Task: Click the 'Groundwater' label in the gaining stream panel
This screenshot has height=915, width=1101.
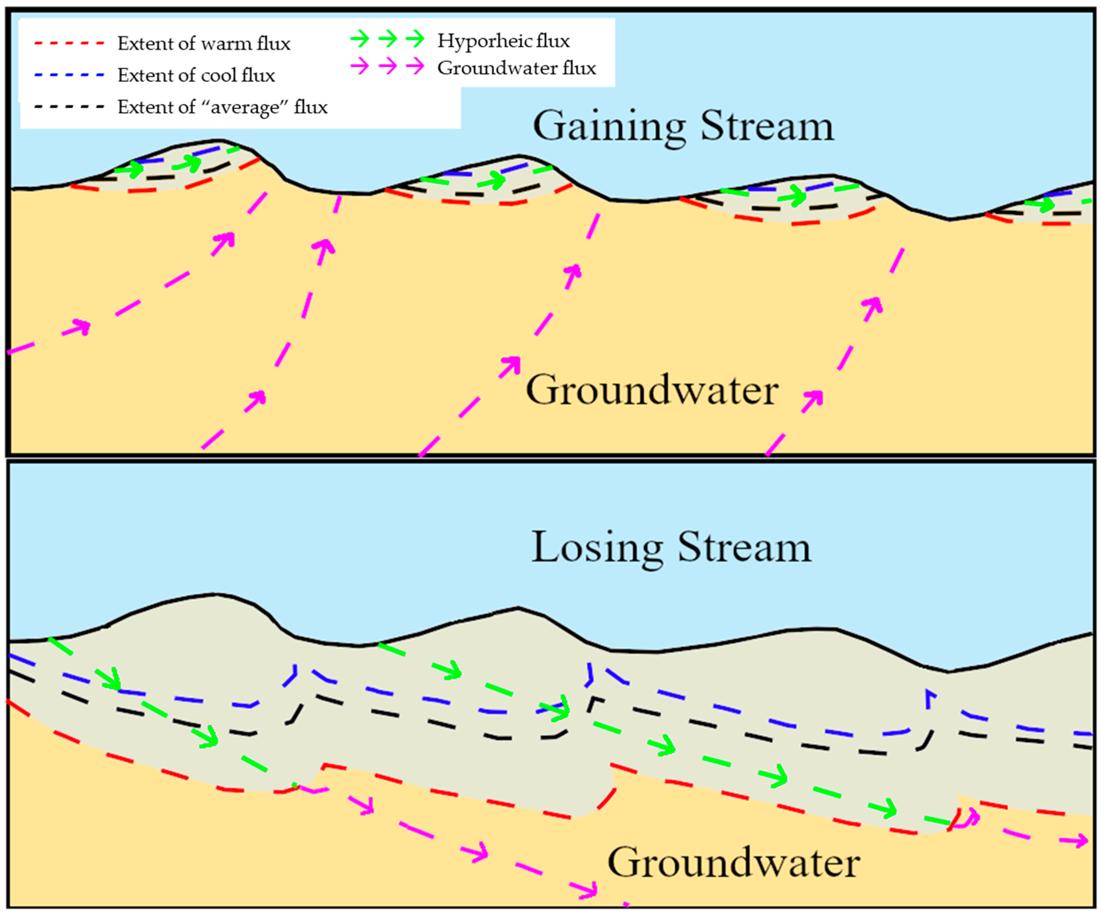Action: pos(652,391)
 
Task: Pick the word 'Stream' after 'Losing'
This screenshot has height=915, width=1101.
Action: pos(744,548)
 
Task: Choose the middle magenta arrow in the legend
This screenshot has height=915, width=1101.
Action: pos(388,66)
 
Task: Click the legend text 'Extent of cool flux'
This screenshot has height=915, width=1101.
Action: pos(196,75)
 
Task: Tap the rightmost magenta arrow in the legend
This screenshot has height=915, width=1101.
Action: pos(416,66)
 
